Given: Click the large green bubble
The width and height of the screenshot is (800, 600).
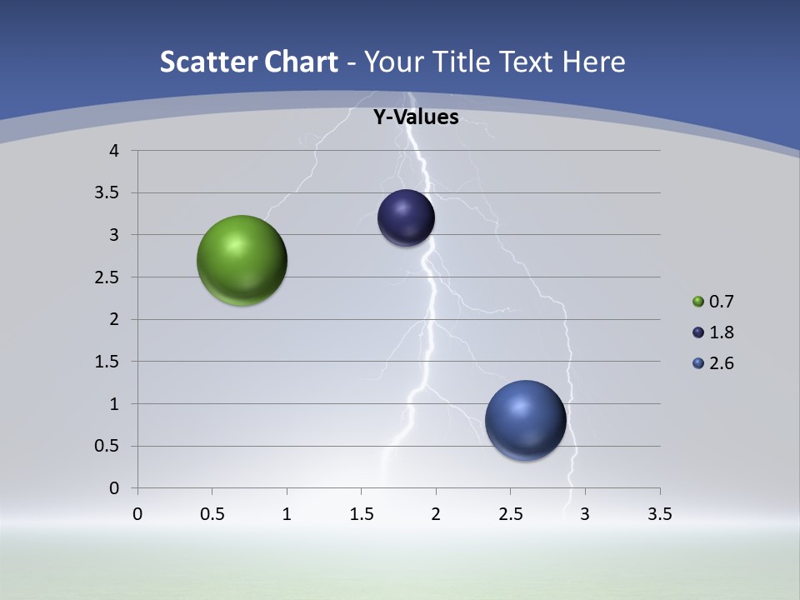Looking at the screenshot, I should point(242,260).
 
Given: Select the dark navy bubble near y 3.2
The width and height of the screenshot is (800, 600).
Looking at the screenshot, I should point(406,217).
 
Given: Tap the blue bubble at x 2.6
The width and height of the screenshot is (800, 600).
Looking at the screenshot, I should point(525,420).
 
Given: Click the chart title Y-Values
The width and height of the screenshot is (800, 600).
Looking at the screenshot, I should point(415,117).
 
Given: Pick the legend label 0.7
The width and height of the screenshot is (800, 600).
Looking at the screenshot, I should point(721,302).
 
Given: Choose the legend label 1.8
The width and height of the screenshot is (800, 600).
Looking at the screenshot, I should point(721,332).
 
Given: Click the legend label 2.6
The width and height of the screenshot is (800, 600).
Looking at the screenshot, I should point(721,363).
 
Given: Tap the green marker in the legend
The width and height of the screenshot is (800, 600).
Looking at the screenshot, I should point(698,302).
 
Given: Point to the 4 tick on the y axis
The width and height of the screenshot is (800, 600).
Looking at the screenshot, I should point(114,151).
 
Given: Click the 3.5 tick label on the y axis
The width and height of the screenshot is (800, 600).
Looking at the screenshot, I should point(107,193).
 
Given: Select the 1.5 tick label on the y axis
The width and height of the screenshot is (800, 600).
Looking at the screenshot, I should point(107,362).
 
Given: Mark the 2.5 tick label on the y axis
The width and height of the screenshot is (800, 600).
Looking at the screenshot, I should point(107,277).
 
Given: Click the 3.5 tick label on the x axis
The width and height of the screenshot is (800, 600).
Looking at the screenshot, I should point(659,514).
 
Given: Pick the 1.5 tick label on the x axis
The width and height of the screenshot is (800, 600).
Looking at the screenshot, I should point(361,514).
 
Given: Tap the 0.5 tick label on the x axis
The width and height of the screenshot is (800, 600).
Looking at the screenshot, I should point(212,514).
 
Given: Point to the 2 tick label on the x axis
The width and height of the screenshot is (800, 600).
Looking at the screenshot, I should point(436,514).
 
